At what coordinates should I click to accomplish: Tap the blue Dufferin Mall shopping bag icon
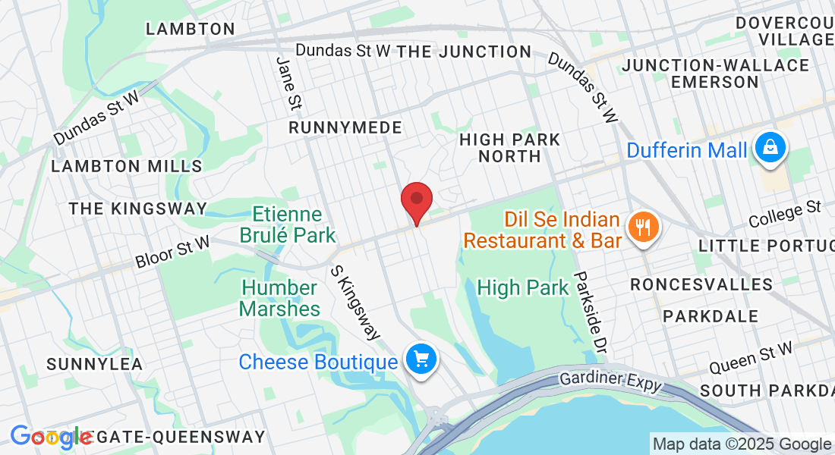pos(770,149)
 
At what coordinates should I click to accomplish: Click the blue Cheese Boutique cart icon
pos(421,358)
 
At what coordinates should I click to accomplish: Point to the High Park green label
pos(522,288)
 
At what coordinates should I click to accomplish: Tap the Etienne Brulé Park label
pos(288,225)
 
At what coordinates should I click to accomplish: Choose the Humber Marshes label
pos(279,299)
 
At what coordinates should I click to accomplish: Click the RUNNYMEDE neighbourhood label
pos(345,127)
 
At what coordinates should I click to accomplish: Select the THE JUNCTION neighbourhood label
pos(464,52)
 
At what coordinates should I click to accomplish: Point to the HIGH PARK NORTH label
pos(510,148)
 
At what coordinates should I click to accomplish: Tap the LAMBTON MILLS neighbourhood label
pos(127,166)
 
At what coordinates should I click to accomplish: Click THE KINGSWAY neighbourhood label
pos(137,209)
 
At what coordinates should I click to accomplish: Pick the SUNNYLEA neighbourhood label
pos(94,364)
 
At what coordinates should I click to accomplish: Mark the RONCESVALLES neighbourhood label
pos(701,284)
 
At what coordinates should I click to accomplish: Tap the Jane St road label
pos(288,82)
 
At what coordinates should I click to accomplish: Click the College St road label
pos(785,214)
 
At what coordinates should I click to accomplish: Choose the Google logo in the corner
pos(51,437)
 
